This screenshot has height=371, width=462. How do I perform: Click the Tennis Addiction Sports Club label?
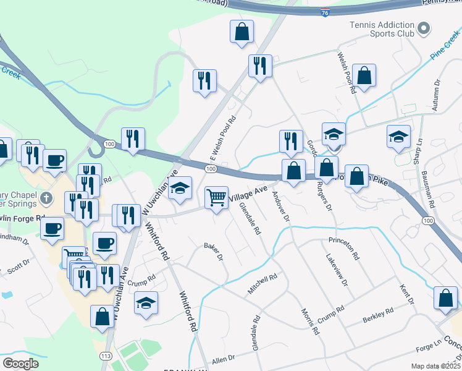[381, 29]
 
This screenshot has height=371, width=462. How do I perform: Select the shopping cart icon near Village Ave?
[216, 198]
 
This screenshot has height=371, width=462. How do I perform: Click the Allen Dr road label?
[224, 359]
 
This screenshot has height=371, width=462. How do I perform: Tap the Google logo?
[20, 364]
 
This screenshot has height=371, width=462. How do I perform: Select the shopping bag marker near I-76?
[242, 32]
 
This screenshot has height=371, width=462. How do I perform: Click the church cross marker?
[45, 199]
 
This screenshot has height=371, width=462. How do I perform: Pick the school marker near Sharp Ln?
[398, 137]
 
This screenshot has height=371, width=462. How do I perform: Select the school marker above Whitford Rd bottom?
[146, 303]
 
